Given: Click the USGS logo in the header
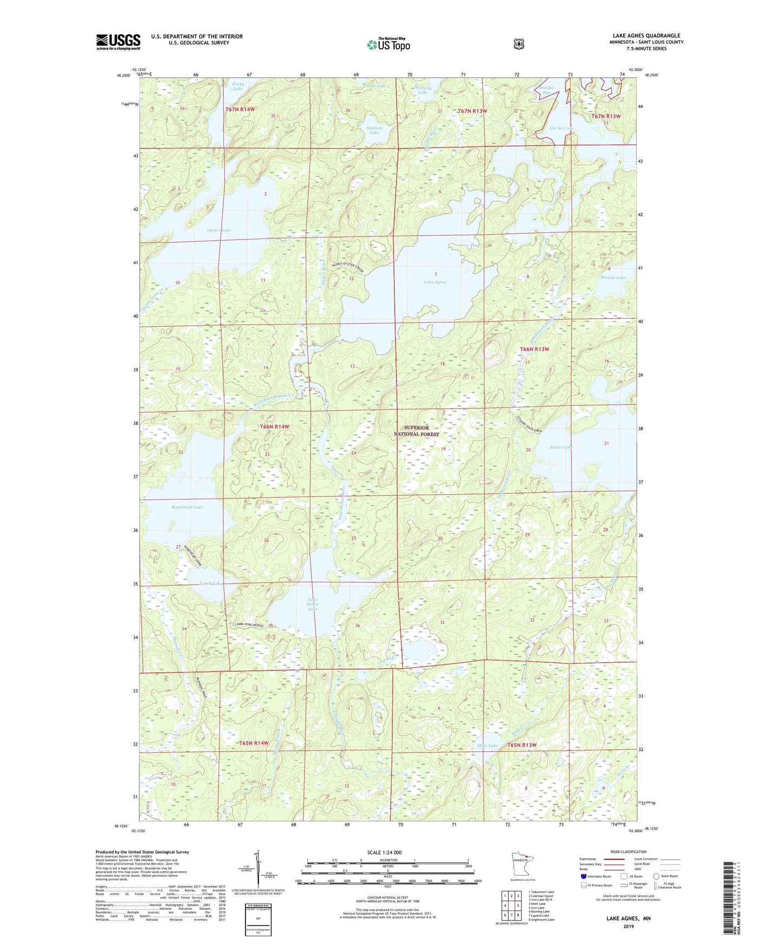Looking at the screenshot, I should tap(118, 42).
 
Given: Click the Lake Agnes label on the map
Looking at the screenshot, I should tap(435, 282).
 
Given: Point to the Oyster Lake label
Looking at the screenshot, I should tap(219, 230).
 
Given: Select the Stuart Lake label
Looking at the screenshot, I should tap(561, 447).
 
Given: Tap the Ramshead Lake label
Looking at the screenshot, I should tap(187, 507).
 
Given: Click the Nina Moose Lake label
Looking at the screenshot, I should tap(312, 604).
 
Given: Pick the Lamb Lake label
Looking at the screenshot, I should tap(196, 584).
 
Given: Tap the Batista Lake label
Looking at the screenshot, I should tap(612, 277).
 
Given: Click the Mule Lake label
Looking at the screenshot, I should tap(488, 746).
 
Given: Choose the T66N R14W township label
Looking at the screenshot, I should tap(275, 427).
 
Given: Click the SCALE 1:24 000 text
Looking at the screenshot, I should tap(384, 852).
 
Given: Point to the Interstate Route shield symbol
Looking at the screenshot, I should tap(583, 876).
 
